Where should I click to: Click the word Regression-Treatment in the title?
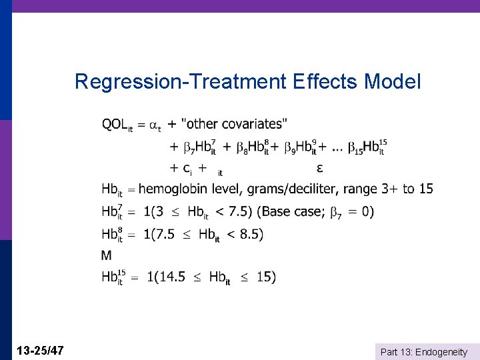pyautogui.click(x=179, y=82)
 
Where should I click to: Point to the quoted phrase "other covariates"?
pyautogui.click(x=235, y=124)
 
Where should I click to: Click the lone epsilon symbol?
pyautogui.click(x=320, y=167)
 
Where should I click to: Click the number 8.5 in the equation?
pyautogui.click(x=250, y=234)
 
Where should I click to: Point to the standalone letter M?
pyautogui.click(x=107, y=255)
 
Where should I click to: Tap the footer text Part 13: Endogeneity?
pyautogui.click(x=423, y=351)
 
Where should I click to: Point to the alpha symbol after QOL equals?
pyautogui.click(x=155, y=125)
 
